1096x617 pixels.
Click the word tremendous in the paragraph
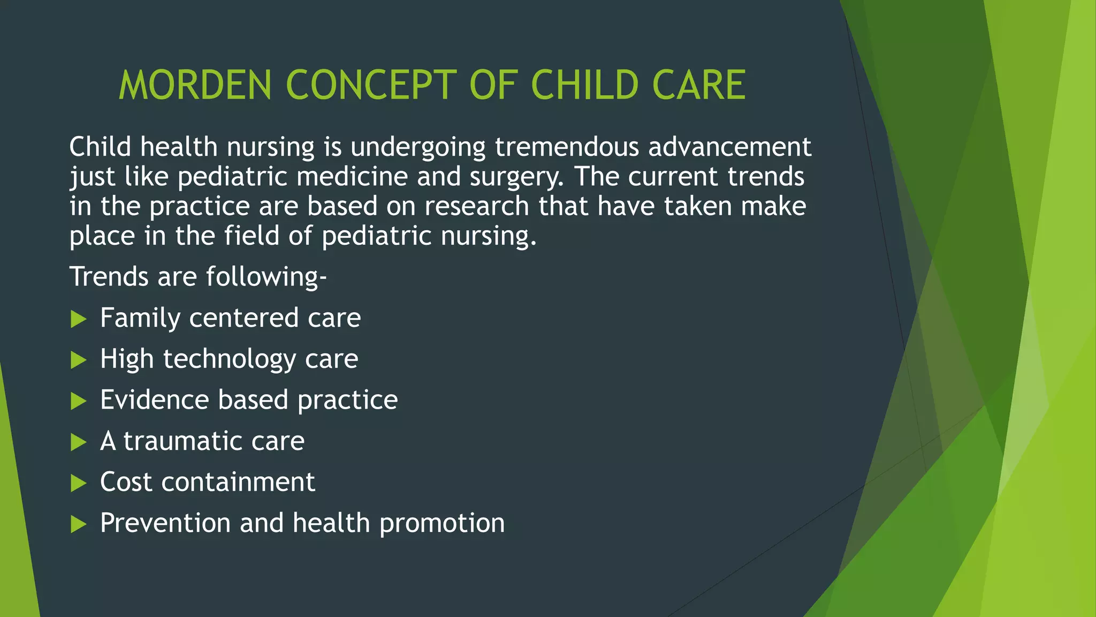coord(567,147)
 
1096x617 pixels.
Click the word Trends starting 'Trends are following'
coord(109,277)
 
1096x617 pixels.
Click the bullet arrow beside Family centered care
coord(79,320)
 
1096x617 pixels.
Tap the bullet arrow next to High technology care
coord(79,360)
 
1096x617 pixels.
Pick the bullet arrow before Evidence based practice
coord(79,401)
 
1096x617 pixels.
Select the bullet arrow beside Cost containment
coord(79,484)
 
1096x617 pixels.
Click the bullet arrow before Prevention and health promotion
coord(79,524)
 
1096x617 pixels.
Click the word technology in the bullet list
coord(229,359)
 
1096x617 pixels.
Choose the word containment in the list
coord(238,482)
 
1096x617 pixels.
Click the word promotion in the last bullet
coord(442,523)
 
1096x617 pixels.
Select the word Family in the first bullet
coord(140,318)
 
